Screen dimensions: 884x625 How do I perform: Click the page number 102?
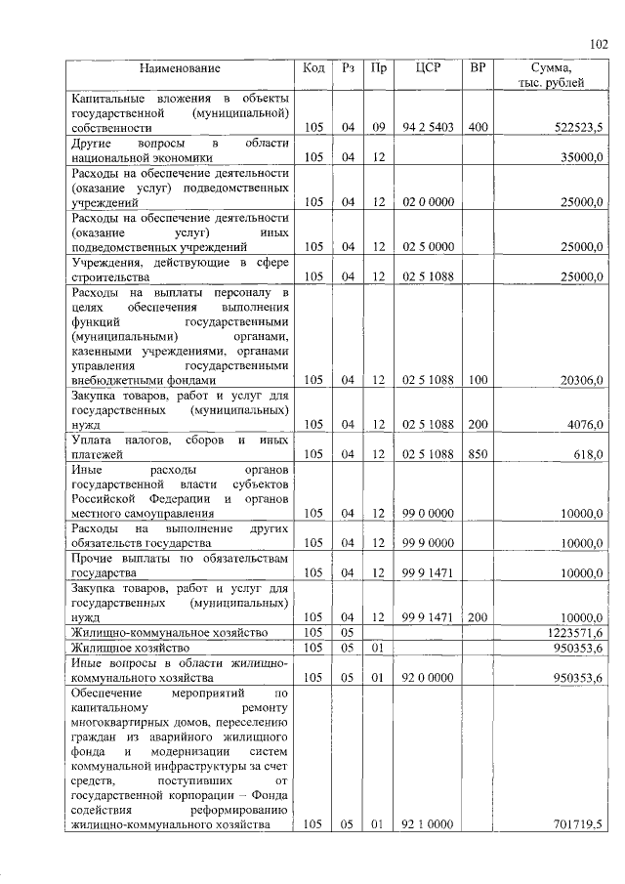click(599, 44)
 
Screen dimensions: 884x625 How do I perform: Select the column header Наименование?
click(180, 68)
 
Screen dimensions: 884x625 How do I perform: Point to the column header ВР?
click(478, 68)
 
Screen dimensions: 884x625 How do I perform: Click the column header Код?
click(313, 68)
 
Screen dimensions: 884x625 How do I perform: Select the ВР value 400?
click(478, 128)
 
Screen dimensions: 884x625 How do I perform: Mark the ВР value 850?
click(478, 453)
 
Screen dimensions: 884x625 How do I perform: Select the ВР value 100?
click(478, 379)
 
